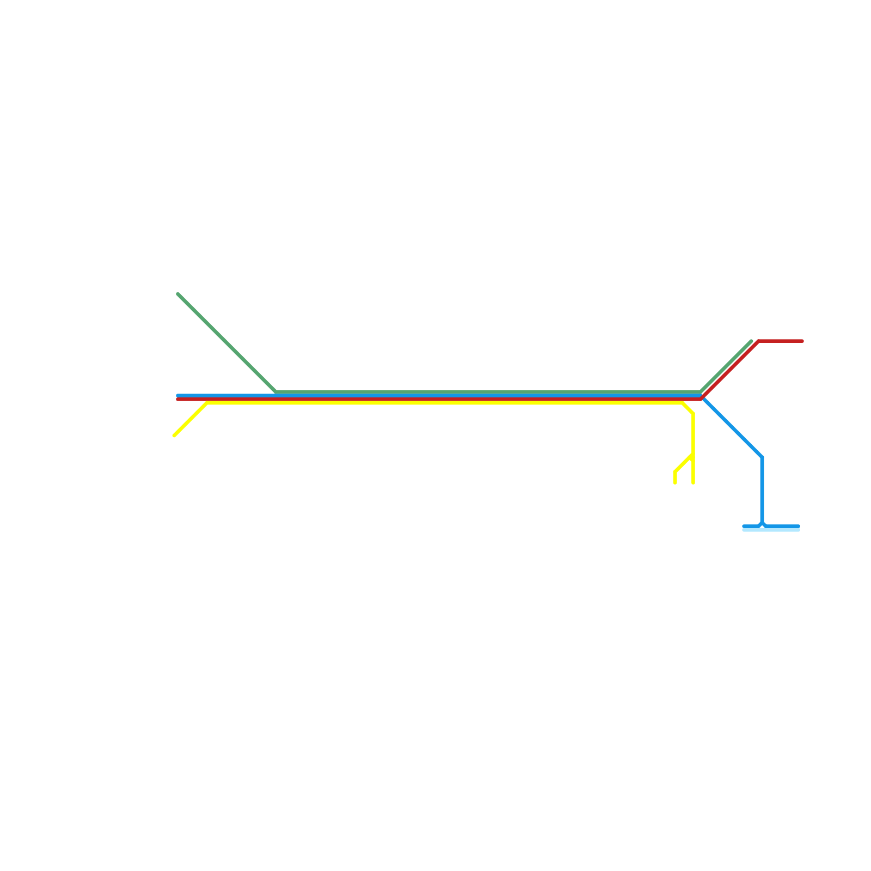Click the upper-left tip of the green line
tap(178, 294)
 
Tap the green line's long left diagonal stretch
tap(228, 343)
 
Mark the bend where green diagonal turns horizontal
tap(277, 392)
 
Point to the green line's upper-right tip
tap(751, 341)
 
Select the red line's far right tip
tap(802, 341)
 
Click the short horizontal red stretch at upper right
tap(781, 341)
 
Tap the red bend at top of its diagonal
tap(758, 341)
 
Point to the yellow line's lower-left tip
tap(174, 436)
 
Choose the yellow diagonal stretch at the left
tap(191, 419)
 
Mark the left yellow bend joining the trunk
tap(207, 403)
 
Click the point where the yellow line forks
tap(693, 455)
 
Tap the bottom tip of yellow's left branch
tap(675, 482)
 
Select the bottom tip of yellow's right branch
tap(693, 482)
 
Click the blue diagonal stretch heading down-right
tap(732, 427)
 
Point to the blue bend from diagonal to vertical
tap(762, 457)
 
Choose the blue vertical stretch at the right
tap(762, 490)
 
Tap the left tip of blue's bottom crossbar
tap(744, 526)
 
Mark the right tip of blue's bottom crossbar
tap(799, 526)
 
